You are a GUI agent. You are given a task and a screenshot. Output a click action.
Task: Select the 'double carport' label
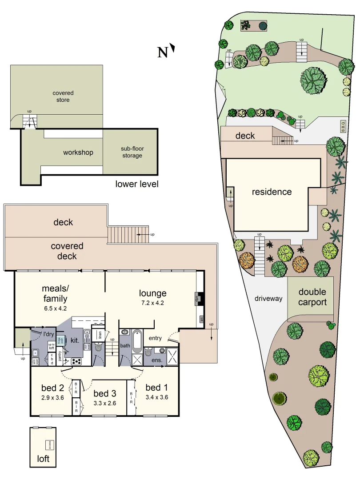[312, 297]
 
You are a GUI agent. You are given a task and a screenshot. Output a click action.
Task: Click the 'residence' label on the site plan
[272, 192]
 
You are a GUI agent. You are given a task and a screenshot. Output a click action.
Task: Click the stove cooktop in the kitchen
[76, 361]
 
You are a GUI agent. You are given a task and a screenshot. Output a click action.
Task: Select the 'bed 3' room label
[104, 393]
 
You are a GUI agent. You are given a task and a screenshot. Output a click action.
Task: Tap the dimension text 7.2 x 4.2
[152, 303]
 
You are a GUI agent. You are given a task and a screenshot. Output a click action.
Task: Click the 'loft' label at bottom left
[43, 459]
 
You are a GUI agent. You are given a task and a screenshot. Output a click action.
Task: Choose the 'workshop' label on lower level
[78, 152]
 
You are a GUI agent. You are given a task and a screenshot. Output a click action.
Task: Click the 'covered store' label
[63, 96]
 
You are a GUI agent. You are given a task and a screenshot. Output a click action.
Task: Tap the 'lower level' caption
[137, 184]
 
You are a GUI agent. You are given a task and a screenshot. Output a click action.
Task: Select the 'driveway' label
[268, 299]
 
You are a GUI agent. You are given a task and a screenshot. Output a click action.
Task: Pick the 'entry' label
[156, 338]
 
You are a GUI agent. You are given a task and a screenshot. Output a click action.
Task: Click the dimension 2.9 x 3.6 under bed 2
[52, 398]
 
